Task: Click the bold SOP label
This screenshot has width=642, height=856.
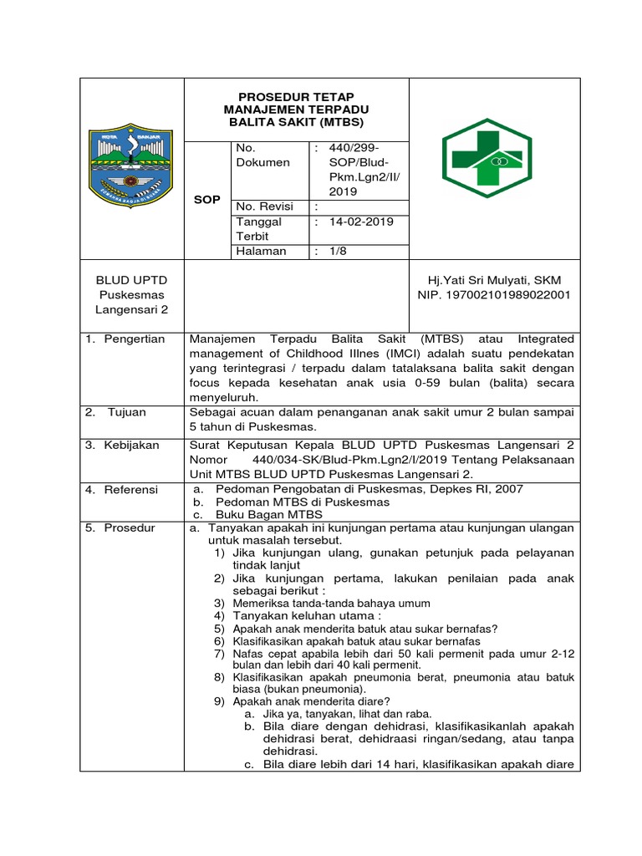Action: [x=206, y=200]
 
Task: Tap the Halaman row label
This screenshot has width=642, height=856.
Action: [x=262, y=251]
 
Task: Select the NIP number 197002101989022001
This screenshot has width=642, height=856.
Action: [x=494, y=294]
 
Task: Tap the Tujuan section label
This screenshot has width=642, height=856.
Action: [x=129, y=412]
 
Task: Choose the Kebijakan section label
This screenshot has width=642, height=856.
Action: [x=131, y=446]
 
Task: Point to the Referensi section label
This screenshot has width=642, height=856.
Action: [x=130, y=489]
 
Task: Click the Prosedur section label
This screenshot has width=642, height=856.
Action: [x=130, y=528]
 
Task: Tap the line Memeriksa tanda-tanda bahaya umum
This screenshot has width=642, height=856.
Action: [x=331, y=603]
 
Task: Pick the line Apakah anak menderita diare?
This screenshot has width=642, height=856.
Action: [x=311, y=701]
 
